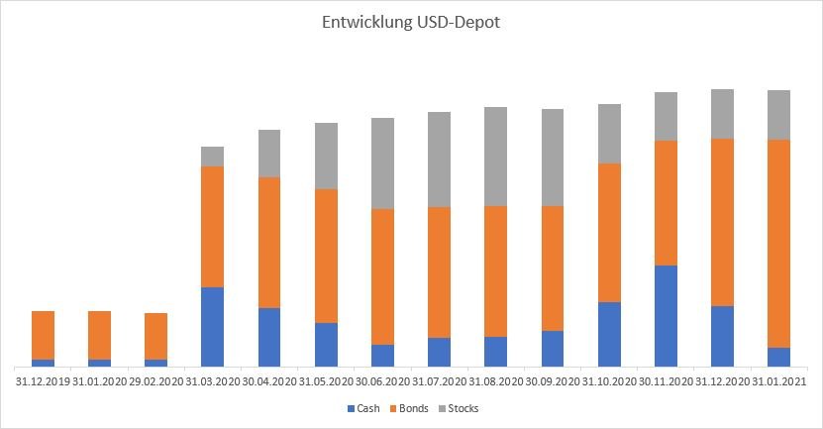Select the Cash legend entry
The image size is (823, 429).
pos(362,408)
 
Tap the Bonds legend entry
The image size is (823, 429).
pos(411,408)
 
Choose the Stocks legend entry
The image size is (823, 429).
pos(462,408)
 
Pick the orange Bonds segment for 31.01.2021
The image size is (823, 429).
pos(779,244)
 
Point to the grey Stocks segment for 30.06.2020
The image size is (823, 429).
pos(382,163)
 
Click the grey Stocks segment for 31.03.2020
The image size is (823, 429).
pos(212,157)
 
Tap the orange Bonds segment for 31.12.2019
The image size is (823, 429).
pos(43,335)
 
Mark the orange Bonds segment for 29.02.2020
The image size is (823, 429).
pos(155,336)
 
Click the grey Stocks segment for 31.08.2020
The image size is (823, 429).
pos(495,157)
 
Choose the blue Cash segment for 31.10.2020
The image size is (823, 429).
pos(609,334)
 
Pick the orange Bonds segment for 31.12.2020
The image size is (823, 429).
pos(723,222)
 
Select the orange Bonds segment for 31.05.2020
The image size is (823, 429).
pos(326,256)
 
